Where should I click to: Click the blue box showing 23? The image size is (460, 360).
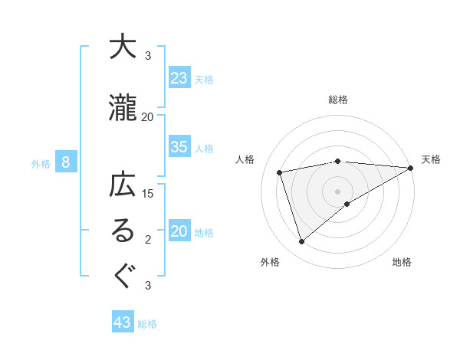[179, 78]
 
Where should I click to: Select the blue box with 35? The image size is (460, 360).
[179, 147]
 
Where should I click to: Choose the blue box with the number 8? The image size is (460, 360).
[66, 162]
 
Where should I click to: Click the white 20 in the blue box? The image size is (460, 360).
[179, 232]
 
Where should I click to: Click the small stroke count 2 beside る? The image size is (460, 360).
[148, 240]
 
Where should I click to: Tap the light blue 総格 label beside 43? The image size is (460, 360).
[147, 324]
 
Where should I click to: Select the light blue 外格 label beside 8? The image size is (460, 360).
[41, 163]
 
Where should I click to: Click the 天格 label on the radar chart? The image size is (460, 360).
[431, 159]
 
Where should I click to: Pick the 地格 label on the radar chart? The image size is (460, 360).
[402, 262]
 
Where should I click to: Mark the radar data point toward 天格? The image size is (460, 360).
[410, 168]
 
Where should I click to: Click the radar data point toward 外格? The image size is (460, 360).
[302, 242]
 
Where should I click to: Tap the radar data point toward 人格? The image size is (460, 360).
[280, 172]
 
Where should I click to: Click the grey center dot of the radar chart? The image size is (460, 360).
[337, 191]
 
